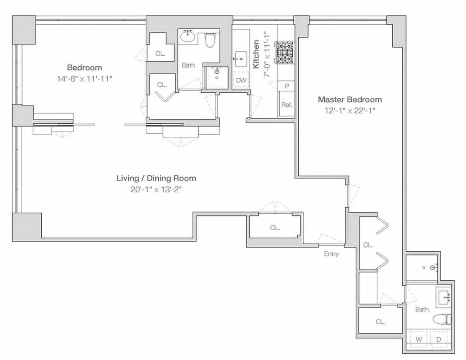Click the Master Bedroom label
coord(349,99)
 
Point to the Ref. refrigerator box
coord(287,105)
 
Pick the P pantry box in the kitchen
coord(287,85)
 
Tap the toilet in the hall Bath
coord(210,41)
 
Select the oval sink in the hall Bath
coord(188,36)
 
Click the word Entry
coord(331,254)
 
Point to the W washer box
coord(419,339)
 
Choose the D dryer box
coord(439,339)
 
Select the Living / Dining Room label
coord(156,178)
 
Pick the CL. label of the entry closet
coord(275,228)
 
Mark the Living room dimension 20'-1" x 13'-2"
coord(156,189)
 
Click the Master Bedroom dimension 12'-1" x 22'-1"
coord(349,110)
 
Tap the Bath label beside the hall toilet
coord(188,65)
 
